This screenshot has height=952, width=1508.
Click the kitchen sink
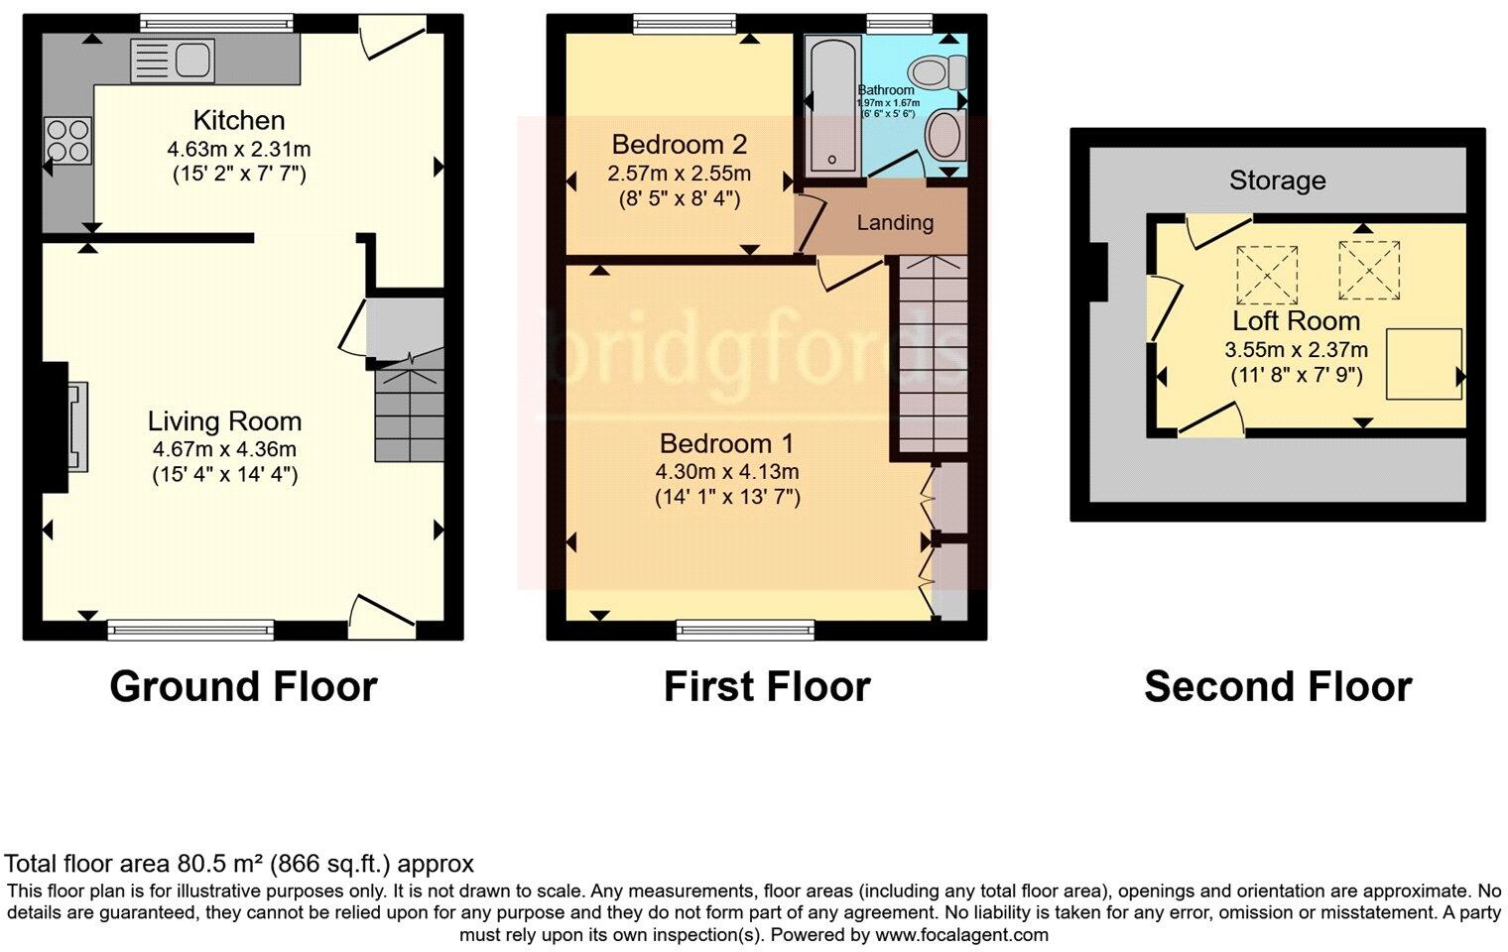173,59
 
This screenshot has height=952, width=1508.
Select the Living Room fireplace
75,426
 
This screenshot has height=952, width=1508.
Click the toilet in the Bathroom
939,71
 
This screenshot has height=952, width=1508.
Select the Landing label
895,222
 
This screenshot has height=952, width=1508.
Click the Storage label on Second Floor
1277,180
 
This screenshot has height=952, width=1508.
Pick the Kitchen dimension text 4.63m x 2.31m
239,150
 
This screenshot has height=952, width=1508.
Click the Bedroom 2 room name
679,145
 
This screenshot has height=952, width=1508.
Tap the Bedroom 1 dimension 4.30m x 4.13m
727,472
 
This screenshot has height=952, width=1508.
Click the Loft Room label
1296,320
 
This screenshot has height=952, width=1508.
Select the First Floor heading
766,686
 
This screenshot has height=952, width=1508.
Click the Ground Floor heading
243,686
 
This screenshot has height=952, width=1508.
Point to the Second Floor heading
1277,686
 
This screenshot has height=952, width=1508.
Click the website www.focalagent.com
961,934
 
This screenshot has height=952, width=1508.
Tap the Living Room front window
190,627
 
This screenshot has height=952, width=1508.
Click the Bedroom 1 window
746,627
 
